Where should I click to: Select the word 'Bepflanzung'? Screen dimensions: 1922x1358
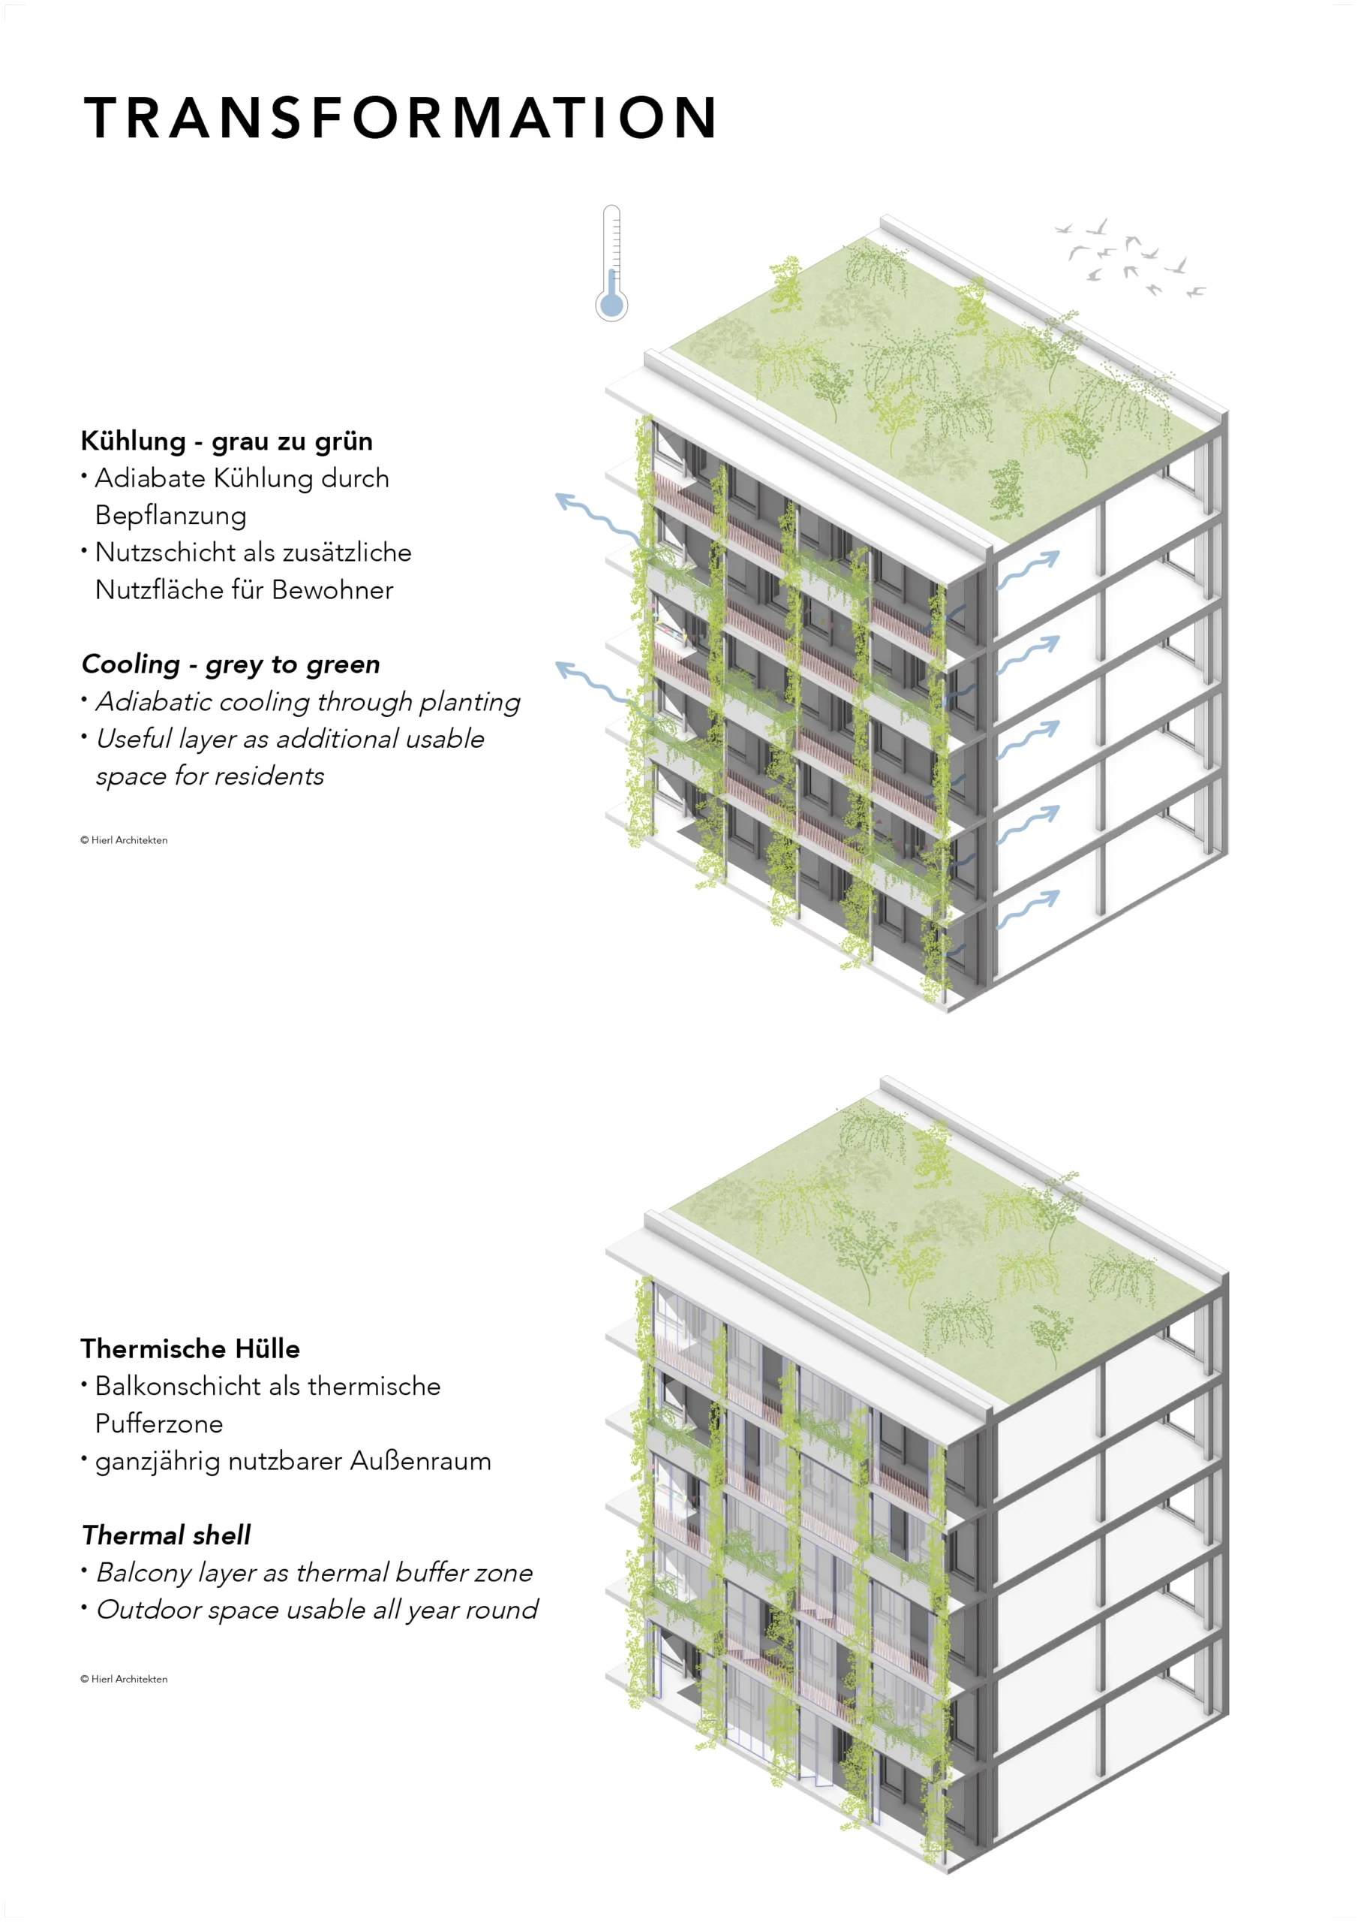(171, 516)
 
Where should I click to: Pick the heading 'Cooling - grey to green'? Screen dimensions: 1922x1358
(231, 664)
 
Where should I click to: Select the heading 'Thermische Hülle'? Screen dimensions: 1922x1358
(190, 1348)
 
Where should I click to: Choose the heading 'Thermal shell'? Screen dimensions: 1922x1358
(167, 1535)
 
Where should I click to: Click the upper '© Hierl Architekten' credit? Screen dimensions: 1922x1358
(124, 839)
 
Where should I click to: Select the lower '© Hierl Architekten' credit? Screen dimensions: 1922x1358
(124, 1679)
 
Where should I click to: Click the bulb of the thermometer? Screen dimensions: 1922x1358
(611, 304)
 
